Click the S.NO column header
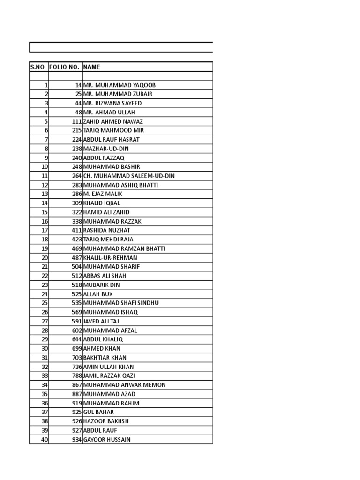tap(37, 67)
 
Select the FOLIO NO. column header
tap(64, 67)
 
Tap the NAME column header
tap(92, 67)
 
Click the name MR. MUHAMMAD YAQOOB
tap(119, 85)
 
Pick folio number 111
tap(77, 121)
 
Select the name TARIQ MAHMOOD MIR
tap(113, 130)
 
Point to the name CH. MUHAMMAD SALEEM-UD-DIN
tap(129, 176)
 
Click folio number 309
tap(77, 203)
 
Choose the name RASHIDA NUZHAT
tap(107, 230)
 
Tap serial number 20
tap(45, 258)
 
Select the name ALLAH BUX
tap(98, 294)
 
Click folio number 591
tap(77, 321)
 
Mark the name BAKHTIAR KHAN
tap(105, 358)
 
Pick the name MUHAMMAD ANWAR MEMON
tap(124, 385)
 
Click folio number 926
tap(77, 421)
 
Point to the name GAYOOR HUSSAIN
tap(107, 440)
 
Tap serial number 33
tap(45, 376)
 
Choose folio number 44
tap(78, 103)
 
